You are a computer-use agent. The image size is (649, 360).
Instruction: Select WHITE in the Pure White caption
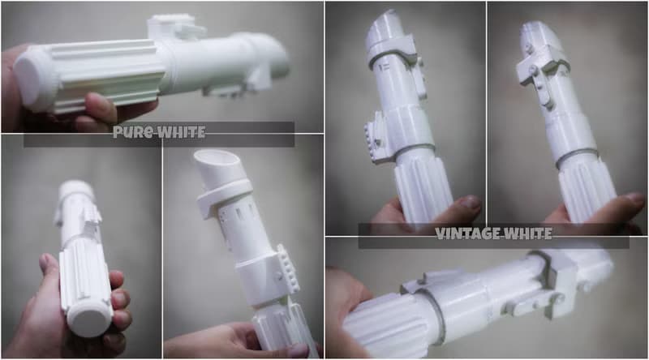pos(181,132)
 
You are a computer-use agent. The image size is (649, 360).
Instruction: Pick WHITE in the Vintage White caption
pos(527,234)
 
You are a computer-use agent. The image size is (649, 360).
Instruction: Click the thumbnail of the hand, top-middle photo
pos(469,203)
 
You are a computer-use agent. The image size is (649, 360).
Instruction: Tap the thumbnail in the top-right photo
pos(634,199)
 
